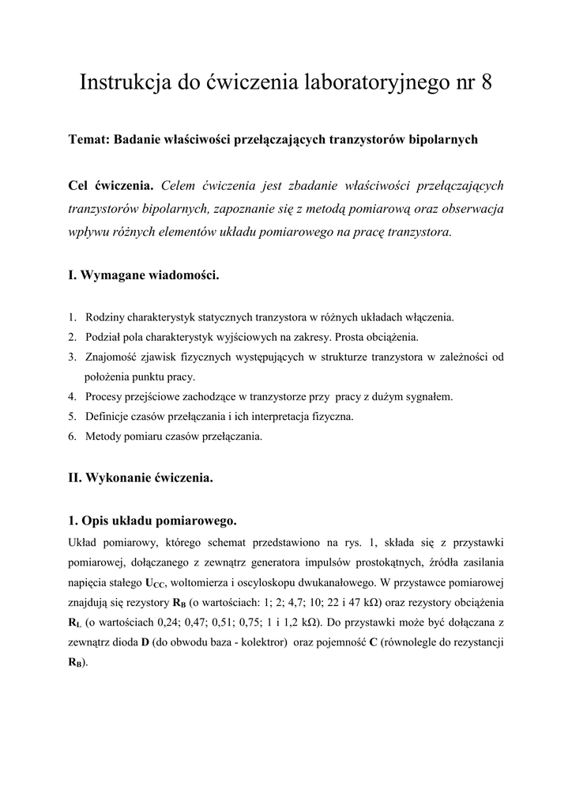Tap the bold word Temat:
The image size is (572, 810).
point(89,139)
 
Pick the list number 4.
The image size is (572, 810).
point(72,396)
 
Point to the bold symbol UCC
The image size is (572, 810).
point(155,585)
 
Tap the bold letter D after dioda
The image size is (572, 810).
point(145,642)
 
